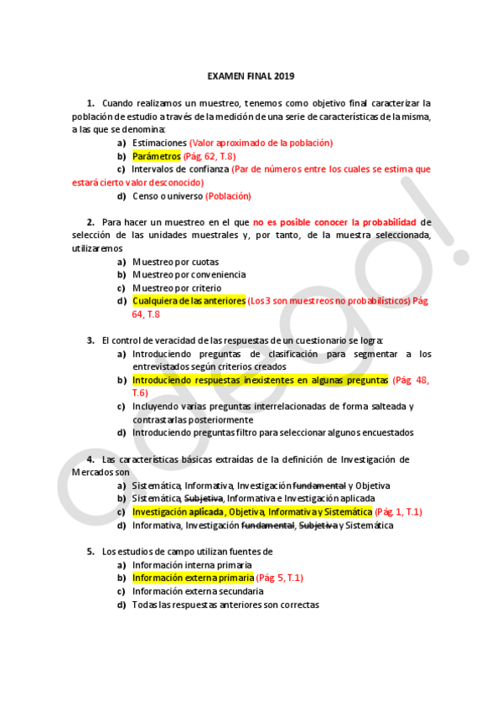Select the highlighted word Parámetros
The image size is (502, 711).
coord(157,156)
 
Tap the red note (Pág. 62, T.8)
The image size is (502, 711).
coord(210,156)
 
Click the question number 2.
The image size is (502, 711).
coord(91,222)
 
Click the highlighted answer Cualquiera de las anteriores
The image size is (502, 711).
coord(189,301)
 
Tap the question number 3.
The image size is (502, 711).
coord(91,340)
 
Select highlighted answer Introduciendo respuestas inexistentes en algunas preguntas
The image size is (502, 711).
coord(261,380)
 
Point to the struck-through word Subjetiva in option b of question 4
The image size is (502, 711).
coord(204,498)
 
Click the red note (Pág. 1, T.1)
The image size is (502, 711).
coord(399,511)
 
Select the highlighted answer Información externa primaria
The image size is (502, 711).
coord(193,578)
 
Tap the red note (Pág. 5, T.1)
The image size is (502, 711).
coord(279,578)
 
